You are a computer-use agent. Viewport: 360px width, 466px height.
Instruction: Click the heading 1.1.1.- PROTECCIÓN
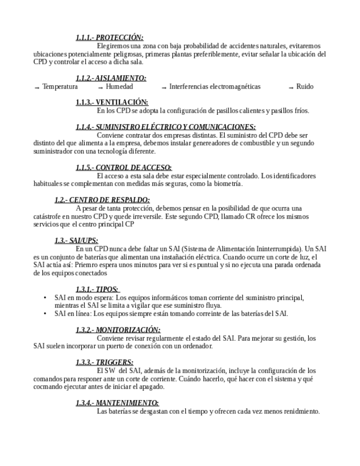(x=109, y=38)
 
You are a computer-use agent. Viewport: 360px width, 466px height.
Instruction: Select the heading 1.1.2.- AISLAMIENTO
(x=110, y=79)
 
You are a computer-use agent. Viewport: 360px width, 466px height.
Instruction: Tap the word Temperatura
(x=60, y=87)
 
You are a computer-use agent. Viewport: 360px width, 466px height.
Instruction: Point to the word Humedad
(x=119, y=87)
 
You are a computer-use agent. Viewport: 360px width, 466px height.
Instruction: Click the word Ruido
(x=304, y=87)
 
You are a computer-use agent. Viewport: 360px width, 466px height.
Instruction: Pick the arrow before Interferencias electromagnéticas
(x=164, y=87)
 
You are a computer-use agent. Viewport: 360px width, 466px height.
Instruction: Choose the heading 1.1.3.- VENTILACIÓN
(x=112, y=102)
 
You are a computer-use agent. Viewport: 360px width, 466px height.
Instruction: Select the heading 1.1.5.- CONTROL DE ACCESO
(x=123, y=168)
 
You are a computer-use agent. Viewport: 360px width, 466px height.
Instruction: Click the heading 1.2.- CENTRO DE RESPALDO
(x=102, y=200)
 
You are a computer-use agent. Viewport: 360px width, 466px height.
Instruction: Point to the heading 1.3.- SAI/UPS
(x=76, y=241)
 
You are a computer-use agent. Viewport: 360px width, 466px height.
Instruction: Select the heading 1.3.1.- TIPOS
(x=97, y=289)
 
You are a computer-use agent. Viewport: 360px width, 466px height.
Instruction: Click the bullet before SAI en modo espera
(x=45, y=298)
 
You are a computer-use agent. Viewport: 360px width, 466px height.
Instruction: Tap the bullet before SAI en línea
(x=45, y=314)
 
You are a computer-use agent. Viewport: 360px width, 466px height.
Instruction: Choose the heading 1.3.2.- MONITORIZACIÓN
(x=118, y=330)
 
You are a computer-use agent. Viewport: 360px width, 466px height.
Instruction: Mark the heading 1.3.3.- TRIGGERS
(x=104, y=362)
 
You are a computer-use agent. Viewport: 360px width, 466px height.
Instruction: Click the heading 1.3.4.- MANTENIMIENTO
(x=117, y=403)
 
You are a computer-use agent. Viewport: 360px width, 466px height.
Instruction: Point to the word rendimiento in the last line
(x=301, y=411)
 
